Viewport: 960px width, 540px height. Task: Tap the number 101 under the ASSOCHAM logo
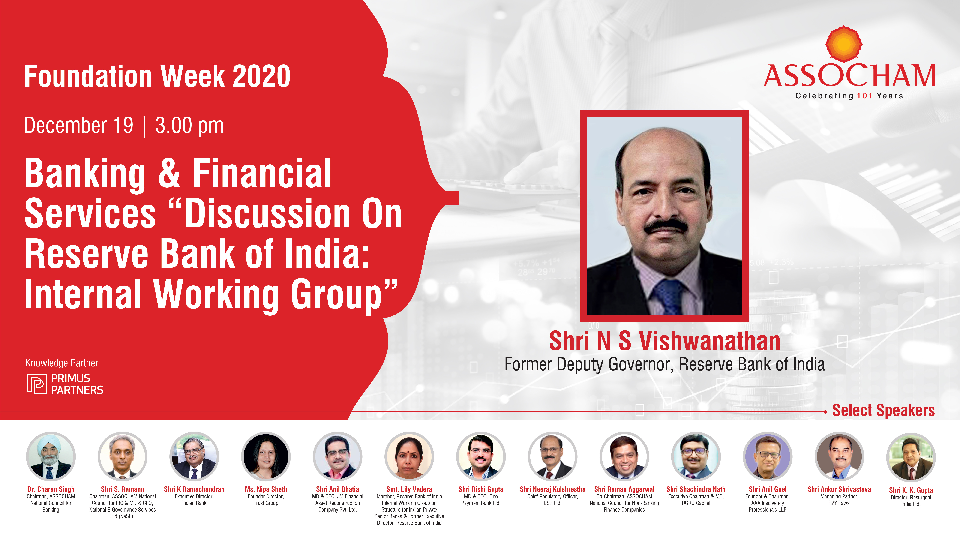tap(865, 96)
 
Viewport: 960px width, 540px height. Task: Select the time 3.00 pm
tap(189, 126)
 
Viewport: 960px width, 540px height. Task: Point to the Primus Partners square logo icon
tap(36, 384)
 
